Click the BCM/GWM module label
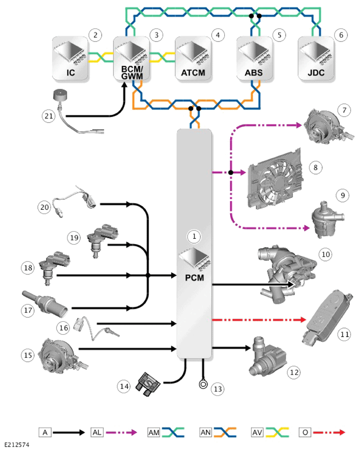132,73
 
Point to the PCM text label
194,278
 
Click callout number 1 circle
194,236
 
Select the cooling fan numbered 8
275,179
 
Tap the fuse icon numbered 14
149,384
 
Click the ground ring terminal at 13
203,384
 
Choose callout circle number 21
49,116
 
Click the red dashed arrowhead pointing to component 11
303,319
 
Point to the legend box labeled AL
97,432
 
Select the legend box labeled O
305,432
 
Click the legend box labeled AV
257,432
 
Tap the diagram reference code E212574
17,445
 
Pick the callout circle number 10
326,255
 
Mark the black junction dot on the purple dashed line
231,172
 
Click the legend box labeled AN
206,432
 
